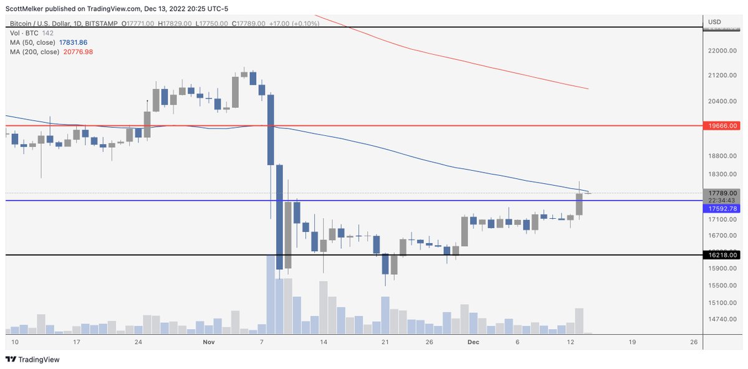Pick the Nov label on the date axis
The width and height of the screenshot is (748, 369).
pyautogui.click(x=208, y=343)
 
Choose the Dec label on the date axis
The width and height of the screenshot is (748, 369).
pyautogui.click(x=472, y=343)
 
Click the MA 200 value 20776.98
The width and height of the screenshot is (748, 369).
pyautogui.click(x=79, y=52)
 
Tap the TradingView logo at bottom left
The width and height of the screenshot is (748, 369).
pyautogui.click(x=31, y=360)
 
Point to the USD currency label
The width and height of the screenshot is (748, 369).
pyautogui.click(x=715, y=22)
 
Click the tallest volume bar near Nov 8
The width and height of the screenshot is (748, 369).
pyautogui.click(x=271, y=293)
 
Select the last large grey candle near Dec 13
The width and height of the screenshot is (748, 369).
pyautogui.click(x=579, y=204)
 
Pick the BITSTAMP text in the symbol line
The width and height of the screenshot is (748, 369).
pyautogui.click(x=104, y=23)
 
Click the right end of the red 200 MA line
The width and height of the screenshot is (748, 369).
pyautogui.click(x=588, y=89)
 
